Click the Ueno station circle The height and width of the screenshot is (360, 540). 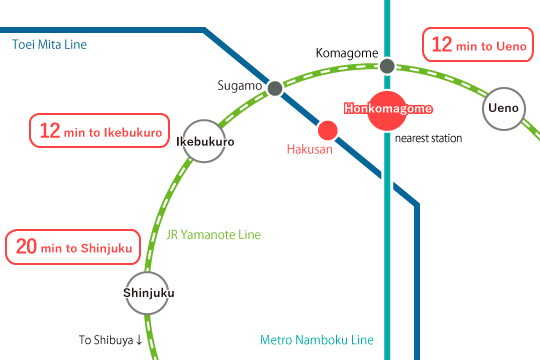(503, 109)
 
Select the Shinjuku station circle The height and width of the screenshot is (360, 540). (149, 293)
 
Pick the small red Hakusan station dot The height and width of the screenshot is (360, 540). (327, 129)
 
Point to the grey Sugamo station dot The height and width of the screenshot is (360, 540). (275, 87)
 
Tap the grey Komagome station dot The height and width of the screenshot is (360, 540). (387, 67)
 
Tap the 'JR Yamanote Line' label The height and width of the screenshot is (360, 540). (214, 235)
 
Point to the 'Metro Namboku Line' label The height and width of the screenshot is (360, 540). (316, 340)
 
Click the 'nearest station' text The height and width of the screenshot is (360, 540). (428, 138)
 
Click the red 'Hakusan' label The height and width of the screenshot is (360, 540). (308, 149)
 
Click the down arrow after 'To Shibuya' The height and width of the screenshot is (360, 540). (138, 340)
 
